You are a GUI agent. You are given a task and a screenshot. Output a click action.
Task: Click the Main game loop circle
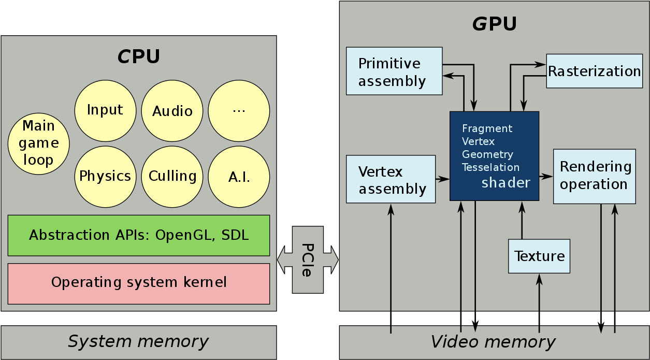point(39,143)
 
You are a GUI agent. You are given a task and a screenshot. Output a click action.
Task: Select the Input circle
point(105,110)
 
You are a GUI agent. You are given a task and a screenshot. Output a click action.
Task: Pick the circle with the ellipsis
point(239,111)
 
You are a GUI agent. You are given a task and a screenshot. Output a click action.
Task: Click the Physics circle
point(105,177)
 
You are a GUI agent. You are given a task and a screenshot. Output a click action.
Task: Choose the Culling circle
point(172,177)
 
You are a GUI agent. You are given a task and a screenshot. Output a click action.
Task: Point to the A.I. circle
point(239,177)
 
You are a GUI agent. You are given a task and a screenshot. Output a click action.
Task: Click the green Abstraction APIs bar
point(139,235)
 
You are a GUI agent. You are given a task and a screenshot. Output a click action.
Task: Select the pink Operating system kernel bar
point(139,283)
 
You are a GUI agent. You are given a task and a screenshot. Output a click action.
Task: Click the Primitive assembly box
point(394,71)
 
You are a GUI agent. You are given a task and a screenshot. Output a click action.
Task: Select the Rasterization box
point(594,71)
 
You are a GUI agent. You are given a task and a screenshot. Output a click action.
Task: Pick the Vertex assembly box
point(391,179)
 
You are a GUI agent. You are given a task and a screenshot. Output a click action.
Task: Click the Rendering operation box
point(594,176)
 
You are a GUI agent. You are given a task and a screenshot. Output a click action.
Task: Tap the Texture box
point(539,256)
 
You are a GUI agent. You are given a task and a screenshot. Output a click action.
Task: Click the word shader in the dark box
point(505,183)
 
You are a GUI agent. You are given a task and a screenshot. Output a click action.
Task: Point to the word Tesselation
point(490,167)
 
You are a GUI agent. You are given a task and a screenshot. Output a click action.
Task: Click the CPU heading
point(138,56)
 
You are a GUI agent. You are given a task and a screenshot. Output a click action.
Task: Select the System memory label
point(138,342)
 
